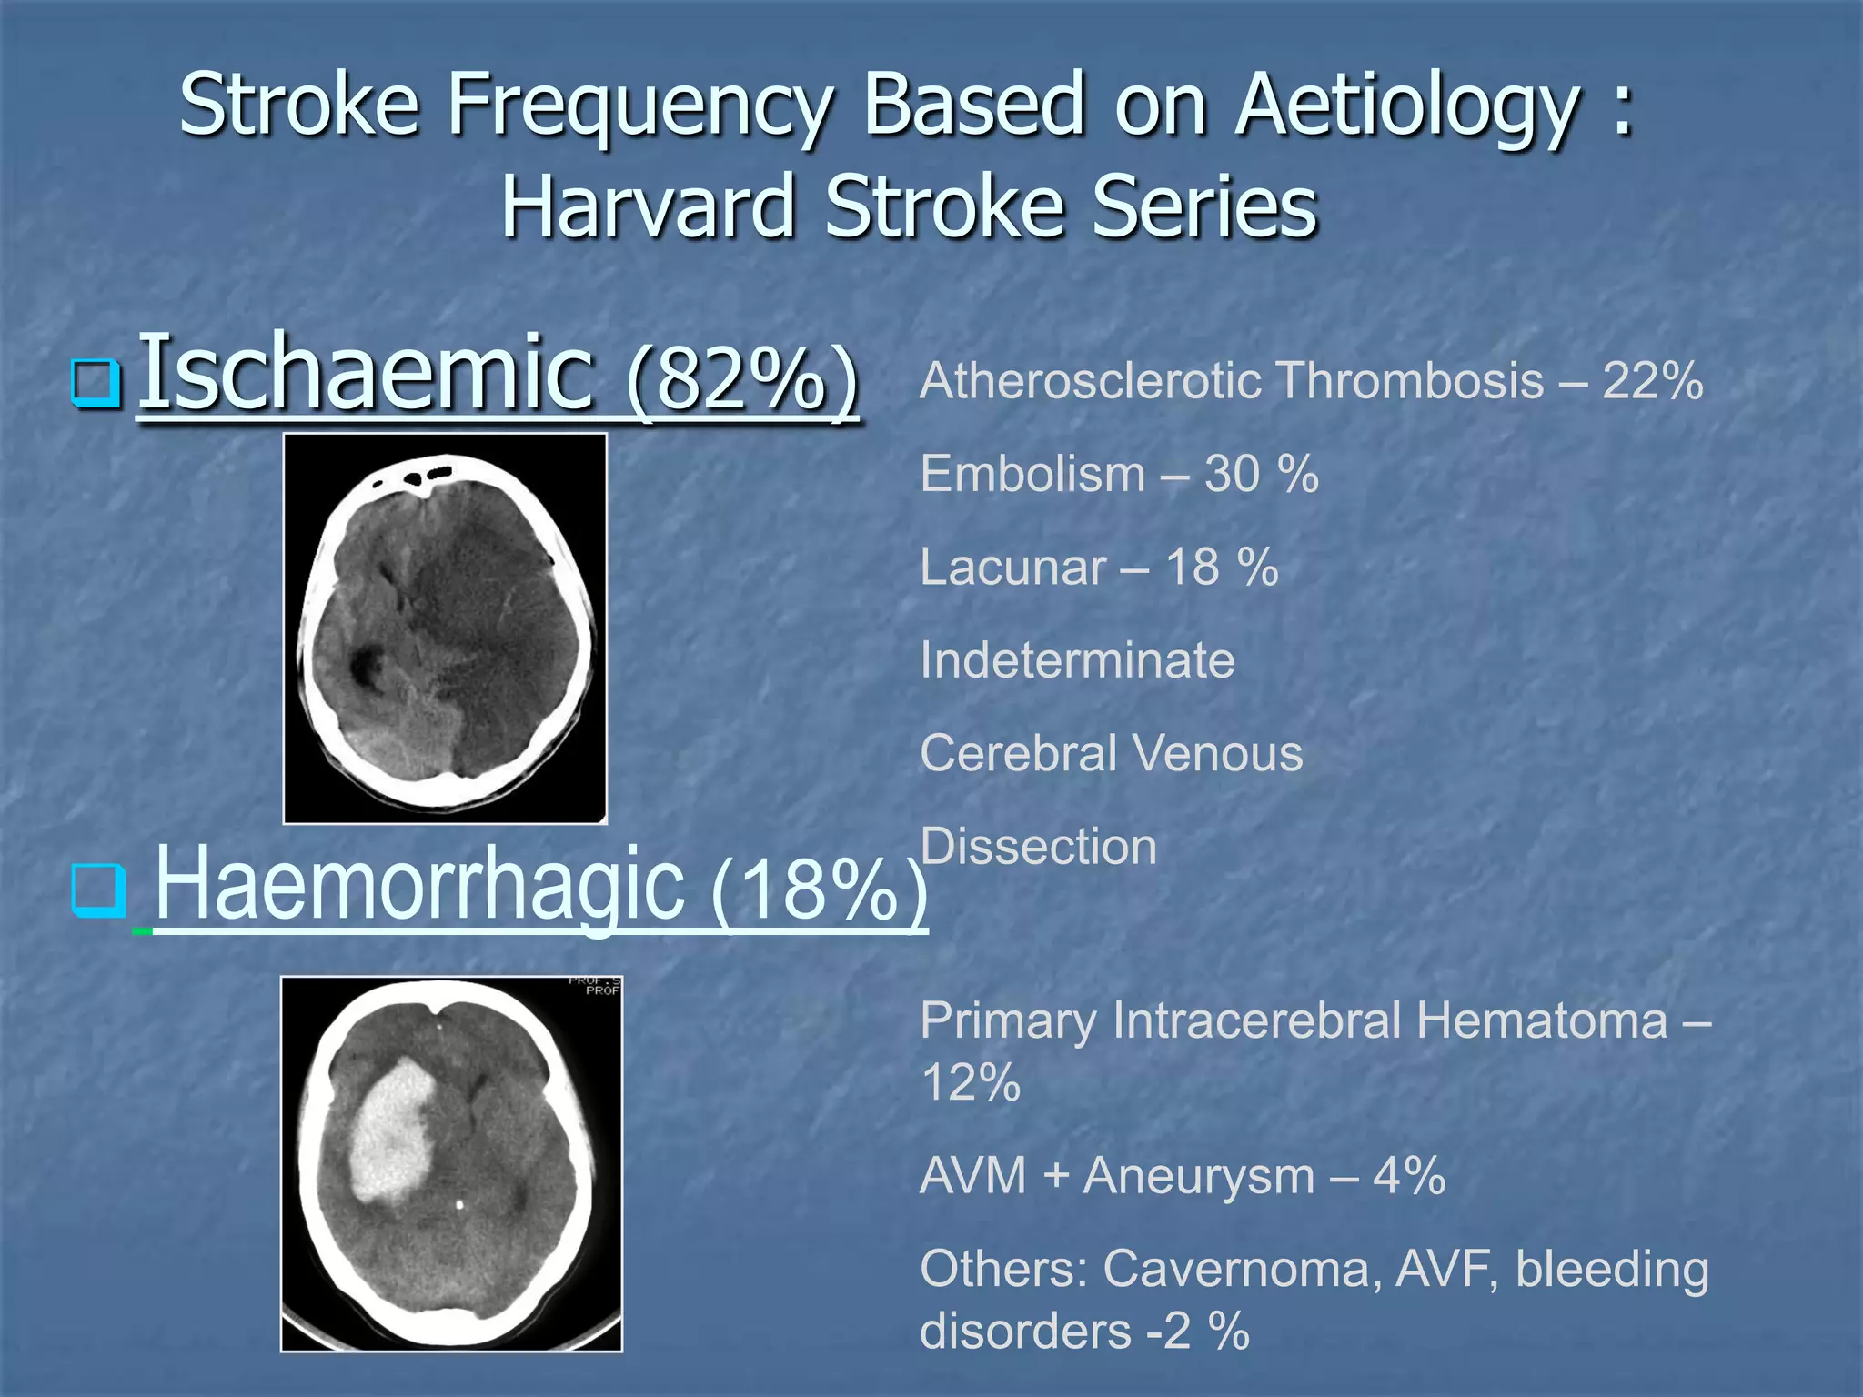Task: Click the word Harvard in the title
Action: coord(648,207)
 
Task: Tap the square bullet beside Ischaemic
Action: coord(96,383)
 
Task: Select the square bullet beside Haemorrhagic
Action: coord(97,889)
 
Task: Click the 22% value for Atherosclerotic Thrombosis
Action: coord(1652,381)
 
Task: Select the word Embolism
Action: coord(1032,475)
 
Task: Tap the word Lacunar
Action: coord(1012,568)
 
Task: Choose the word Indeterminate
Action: coord(1077,660)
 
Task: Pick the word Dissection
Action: coord(1038,847)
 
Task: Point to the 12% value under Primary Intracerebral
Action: coord(971,1082)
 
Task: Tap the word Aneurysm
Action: coord(1198,1176)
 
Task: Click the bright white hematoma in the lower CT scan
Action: coord(391,1132)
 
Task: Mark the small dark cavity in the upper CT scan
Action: coord(368,666)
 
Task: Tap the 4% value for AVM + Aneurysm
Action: coord(1409,1176)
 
